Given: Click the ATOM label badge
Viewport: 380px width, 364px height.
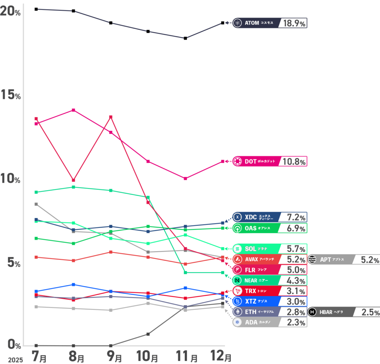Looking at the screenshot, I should pyautogui.click(x=256, y=23).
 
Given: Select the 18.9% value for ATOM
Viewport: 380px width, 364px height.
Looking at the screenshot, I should pyautogui.click(x=294, y=23).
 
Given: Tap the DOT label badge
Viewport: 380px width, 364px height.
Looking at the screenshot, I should pyautogui.click(x=256, y=162).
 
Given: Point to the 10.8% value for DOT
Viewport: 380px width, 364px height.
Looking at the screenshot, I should pyautogui.click(x=294, y=162).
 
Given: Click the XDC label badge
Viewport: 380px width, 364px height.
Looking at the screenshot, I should pyautogui.click(x=256, y=217).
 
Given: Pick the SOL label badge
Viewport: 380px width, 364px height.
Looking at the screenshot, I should pyautogui.click(x=256, y=248).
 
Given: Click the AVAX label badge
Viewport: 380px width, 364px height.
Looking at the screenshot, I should pyautogui.click(x=256, y=259).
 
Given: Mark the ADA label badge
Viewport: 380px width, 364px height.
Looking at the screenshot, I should pyautogui.click(x=256, y=322).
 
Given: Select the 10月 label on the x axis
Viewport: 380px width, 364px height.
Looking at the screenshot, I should pyautogui.click(x=148, y=357).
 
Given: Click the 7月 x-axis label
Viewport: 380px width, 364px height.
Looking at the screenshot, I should pyautogui.click(x=39, y=357).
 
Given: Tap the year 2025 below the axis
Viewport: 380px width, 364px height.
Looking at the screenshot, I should pyautogui.click(x=15, y=360).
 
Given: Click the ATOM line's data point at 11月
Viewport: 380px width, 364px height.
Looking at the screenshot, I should pyautogui.click(x=185, y=38).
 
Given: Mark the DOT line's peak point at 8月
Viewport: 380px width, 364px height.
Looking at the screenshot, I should pyautogui.click(x=73, y=110).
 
